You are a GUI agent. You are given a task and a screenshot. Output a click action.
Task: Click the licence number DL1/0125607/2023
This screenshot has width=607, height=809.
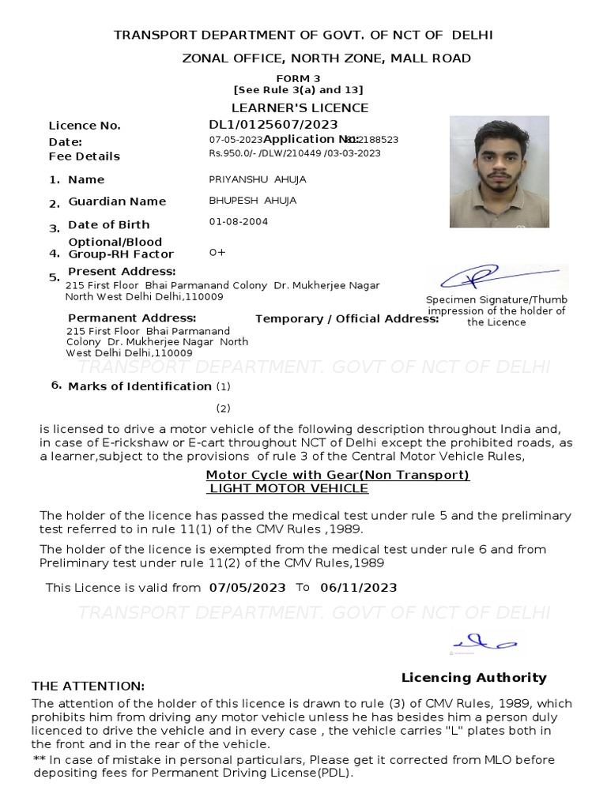click(273, 125)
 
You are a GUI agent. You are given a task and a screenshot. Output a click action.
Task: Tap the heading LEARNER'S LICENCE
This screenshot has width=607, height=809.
click(300, 107)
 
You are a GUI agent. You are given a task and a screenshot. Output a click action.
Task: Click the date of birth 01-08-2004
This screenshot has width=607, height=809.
click(238, 222)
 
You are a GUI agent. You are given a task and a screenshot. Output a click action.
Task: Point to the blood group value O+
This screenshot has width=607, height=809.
click(217, 253)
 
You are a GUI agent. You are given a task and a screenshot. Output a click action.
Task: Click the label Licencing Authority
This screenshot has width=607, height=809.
click(473, 678)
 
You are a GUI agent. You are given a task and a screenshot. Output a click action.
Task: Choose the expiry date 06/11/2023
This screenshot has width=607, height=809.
click(359, 588)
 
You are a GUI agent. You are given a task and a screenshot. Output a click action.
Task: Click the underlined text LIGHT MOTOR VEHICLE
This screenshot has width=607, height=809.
click(288, 488)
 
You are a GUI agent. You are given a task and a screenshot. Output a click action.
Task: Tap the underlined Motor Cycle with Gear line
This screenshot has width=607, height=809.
click(337, 475)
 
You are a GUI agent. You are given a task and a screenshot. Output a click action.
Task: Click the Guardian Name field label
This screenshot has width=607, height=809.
click(117, 202)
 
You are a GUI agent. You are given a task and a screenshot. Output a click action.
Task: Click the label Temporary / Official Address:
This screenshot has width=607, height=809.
click(347, 319)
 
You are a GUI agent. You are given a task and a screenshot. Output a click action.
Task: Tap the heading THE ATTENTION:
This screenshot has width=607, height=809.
click(88, 686)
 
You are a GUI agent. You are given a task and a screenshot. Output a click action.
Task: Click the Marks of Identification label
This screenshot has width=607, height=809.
click(140, 386)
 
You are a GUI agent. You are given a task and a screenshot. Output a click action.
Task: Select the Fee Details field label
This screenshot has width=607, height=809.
click(84, 156)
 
